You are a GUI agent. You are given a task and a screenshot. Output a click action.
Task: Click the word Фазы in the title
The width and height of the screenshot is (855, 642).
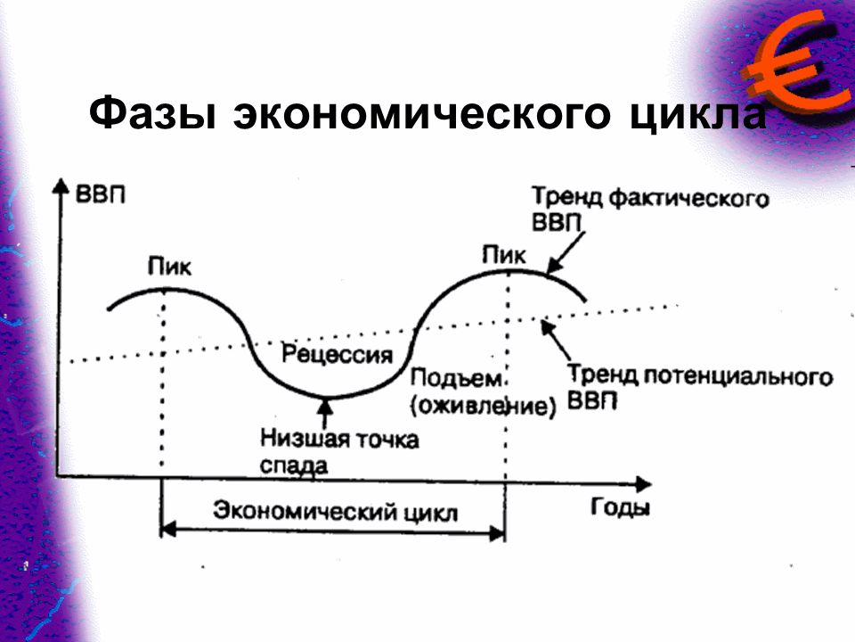[152, 113]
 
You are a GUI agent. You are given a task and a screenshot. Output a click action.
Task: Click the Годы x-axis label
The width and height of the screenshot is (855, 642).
[620, 507]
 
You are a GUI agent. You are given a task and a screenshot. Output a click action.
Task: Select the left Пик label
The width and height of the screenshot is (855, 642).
[169, 267]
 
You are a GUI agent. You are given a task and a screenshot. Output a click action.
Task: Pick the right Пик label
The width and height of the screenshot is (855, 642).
[504, 254]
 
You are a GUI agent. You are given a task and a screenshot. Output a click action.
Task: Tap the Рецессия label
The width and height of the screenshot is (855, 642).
[337, 354]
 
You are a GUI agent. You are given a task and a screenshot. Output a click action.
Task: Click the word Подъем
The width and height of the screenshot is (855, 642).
[456, 378]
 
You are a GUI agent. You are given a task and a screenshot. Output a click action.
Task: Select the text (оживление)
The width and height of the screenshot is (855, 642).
[484, 407]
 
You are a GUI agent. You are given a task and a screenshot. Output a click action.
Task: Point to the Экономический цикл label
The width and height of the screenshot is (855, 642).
[335, 512]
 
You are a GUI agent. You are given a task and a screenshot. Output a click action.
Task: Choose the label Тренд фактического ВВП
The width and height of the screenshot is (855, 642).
[650, 209]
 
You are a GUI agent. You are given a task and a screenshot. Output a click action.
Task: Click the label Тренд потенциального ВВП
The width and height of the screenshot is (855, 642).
[700, 388]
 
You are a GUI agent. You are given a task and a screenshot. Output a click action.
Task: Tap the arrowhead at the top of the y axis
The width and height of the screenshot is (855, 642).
[61, 185]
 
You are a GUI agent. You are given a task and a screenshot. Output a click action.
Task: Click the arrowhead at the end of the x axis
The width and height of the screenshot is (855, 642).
[643, 483]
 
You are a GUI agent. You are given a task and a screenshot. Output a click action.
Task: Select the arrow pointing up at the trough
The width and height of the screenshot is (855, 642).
[325, 413]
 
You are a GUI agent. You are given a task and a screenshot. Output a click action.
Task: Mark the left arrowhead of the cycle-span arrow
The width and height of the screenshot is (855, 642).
[169, 529]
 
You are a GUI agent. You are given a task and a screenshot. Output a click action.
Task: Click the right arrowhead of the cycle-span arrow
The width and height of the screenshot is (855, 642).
[497, 533]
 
